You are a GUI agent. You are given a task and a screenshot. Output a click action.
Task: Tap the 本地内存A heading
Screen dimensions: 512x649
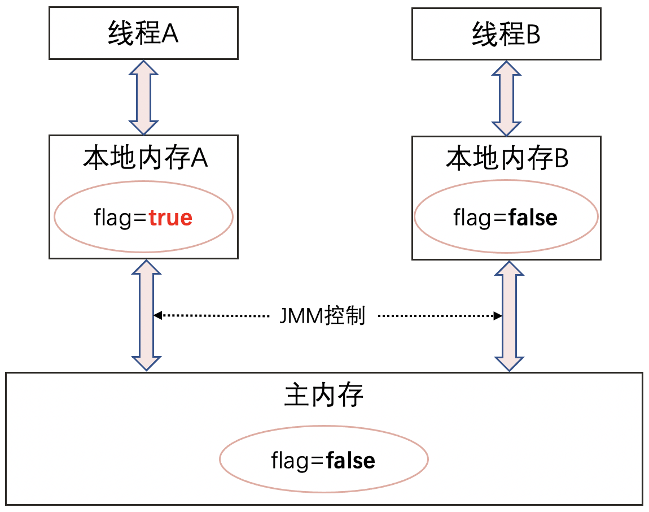click(146, 159)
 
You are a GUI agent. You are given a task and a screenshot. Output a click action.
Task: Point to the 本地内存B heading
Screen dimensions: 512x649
click(507, 159)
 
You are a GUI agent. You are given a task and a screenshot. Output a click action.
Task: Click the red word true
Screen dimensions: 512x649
click(170, 218)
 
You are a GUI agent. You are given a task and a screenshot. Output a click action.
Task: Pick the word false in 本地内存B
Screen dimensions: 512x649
click(532, 218)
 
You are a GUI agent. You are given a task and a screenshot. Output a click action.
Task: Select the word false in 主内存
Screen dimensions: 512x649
click(350, 461)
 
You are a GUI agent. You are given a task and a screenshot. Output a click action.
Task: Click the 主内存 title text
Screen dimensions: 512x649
click(324, 396)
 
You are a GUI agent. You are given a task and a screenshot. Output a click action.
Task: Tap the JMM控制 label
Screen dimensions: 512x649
click(323, 316)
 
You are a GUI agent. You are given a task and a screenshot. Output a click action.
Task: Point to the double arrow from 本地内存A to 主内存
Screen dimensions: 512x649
click(146, 315)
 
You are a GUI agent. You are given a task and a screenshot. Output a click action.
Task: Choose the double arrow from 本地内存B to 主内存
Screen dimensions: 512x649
click(510, 315)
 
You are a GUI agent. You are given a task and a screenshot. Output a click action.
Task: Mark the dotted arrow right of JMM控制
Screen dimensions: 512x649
click(440, 315)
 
